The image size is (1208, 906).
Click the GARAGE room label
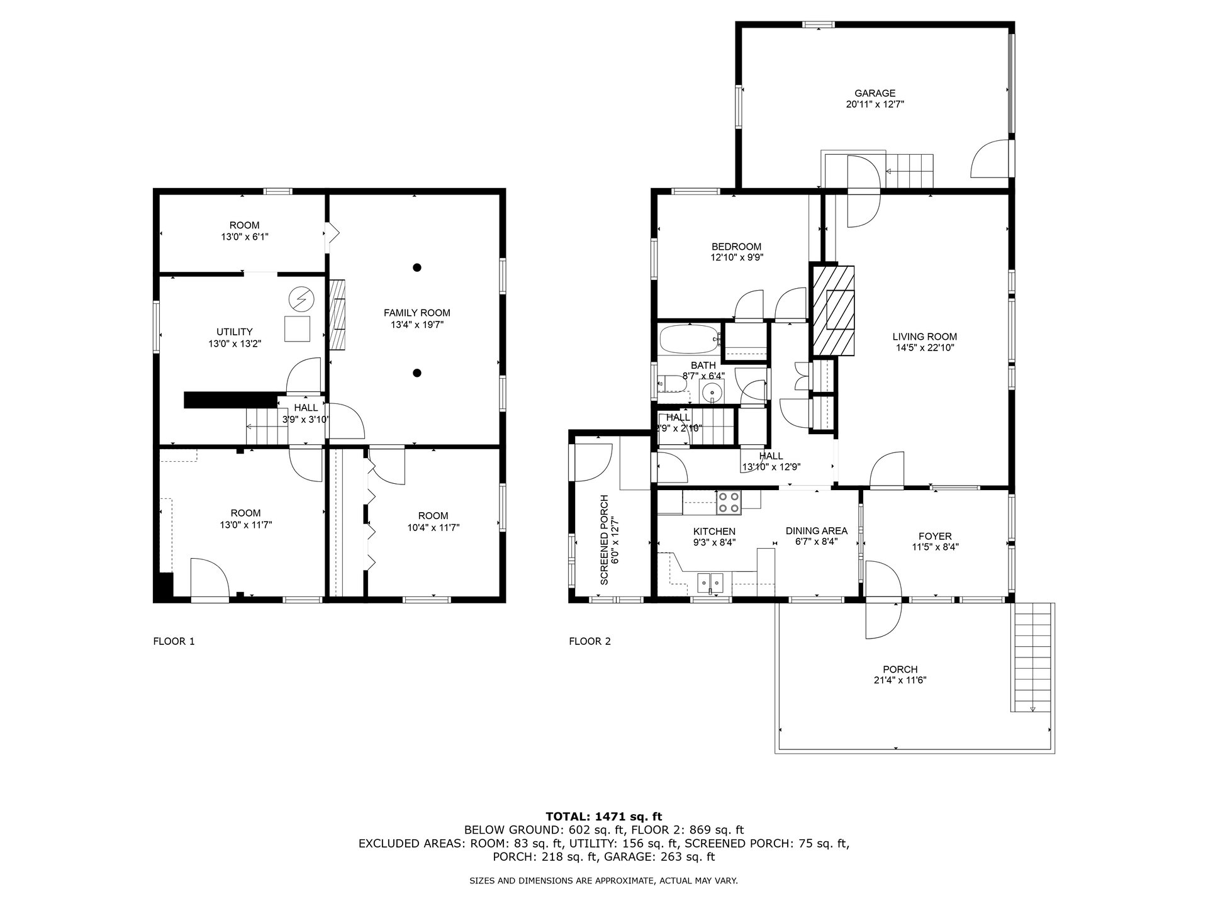[875, 93]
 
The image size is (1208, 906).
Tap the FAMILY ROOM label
[417, 313]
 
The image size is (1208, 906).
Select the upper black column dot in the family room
[417, 267]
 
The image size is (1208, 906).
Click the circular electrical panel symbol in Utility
[300, 298]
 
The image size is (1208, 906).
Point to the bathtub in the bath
[690, 339]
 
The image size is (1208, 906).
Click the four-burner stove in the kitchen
[729, 501]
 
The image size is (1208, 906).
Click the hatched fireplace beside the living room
[834, 311]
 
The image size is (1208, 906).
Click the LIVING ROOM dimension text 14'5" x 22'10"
[925, 347]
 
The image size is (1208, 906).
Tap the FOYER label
[935, 536]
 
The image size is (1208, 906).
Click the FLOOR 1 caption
[174, 641]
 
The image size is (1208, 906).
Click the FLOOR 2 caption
[590, 641]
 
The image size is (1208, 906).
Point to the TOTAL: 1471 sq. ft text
[604, 817]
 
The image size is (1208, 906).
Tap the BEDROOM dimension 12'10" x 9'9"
[737, 257]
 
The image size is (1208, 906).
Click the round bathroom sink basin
[712, 392]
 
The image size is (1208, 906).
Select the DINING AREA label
[817, 530]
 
